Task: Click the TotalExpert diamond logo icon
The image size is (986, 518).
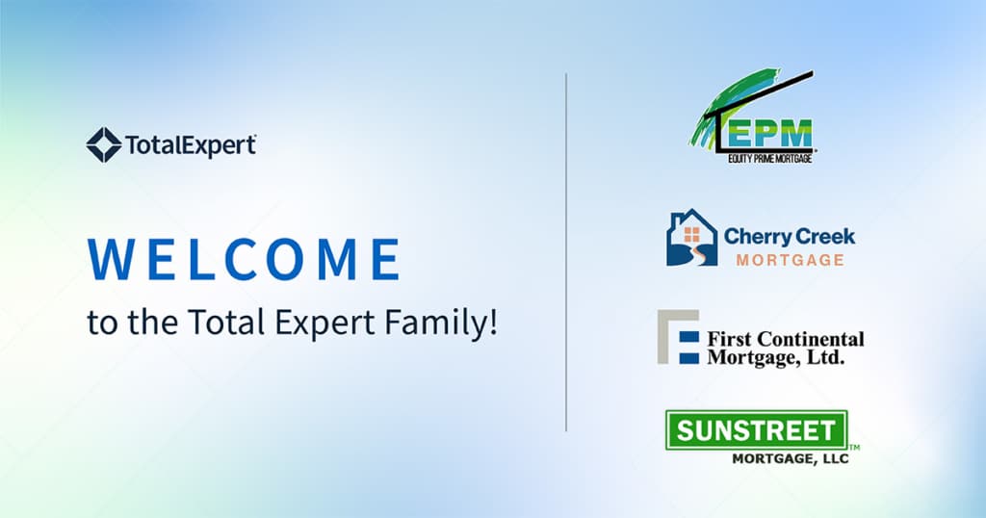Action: pyautogui.click(x=104, y=145)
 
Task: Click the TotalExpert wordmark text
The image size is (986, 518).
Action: pyautogui.click(x=191, y=145)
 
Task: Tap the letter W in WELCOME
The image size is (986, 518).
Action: pyautogui.click(x=111, y=259)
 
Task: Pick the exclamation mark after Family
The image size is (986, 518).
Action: pyautogui.click(x=493, y=321)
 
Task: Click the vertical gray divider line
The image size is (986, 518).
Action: pyautogui.click(x=566, y=252)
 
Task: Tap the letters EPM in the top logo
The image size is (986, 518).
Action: pyautogui.click(x=769, y=135)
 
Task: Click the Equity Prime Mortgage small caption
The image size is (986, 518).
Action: pyautogui.click(x=769, y=159)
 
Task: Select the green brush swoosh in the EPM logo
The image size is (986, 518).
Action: pyautogui.click(x=730, y=106)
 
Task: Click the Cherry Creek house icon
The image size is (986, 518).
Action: pyautogui.click(x=691, y=238)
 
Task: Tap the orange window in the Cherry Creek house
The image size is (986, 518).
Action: pyautogui.click(x=691, y=235)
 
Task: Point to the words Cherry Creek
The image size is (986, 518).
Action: pyautogui.click(x=790, y=237)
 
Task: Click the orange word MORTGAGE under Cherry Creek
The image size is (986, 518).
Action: pyautogui.click(x=791, y=260)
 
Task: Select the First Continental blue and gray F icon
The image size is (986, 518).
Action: pyautogui.click(x=678, y=337)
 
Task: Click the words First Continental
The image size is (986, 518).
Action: pyautogui.click(x=786, y=340)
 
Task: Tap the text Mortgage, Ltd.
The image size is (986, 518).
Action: pyautogui.click(x=775, y=358)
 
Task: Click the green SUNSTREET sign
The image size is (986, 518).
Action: pyautogui.click(x=757, y=430)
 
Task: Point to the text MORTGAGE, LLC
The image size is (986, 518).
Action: pyautogui.click(x=791, y=459)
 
